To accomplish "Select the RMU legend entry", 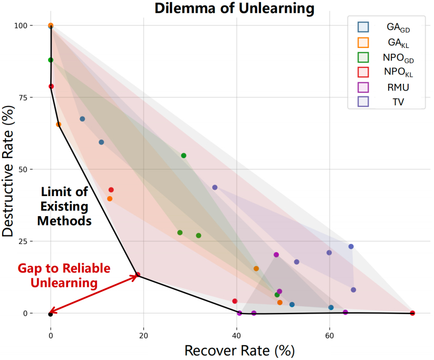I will point(396,87).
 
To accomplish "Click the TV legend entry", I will point(396,102).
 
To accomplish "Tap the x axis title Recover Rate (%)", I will point(239,350).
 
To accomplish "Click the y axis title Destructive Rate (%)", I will point(9,169).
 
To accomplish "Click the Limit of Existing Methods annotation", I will point(64,206).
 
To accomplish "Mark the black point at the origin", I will point(50,314).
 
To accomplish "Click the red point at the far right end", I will point(412,313).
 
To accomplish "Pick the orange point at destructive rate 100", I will point(51,25).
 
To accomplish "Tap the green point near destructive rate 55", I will point(184,155).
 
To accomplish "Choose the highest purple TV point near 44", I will point(215,188).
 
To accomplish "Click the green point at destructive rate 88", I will point(51,60).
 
